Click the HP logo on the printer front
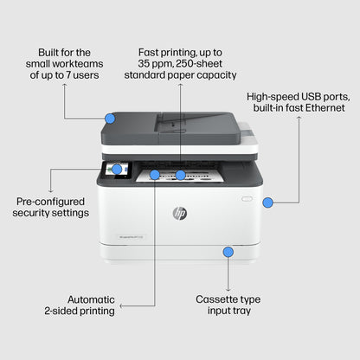click(x=180, y=213)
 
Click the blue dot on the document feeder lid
click(x=110, y=118)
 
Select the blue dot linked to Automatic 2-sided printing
click(x=155, y=175)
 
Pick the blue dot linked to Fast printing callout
click(x=180, y=175)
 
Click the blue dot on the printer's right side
click(x=267, y=202)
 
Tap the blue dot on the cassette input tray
click(x=228, y=252)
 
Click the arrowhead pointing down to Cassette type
click(x=228, y=288)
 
